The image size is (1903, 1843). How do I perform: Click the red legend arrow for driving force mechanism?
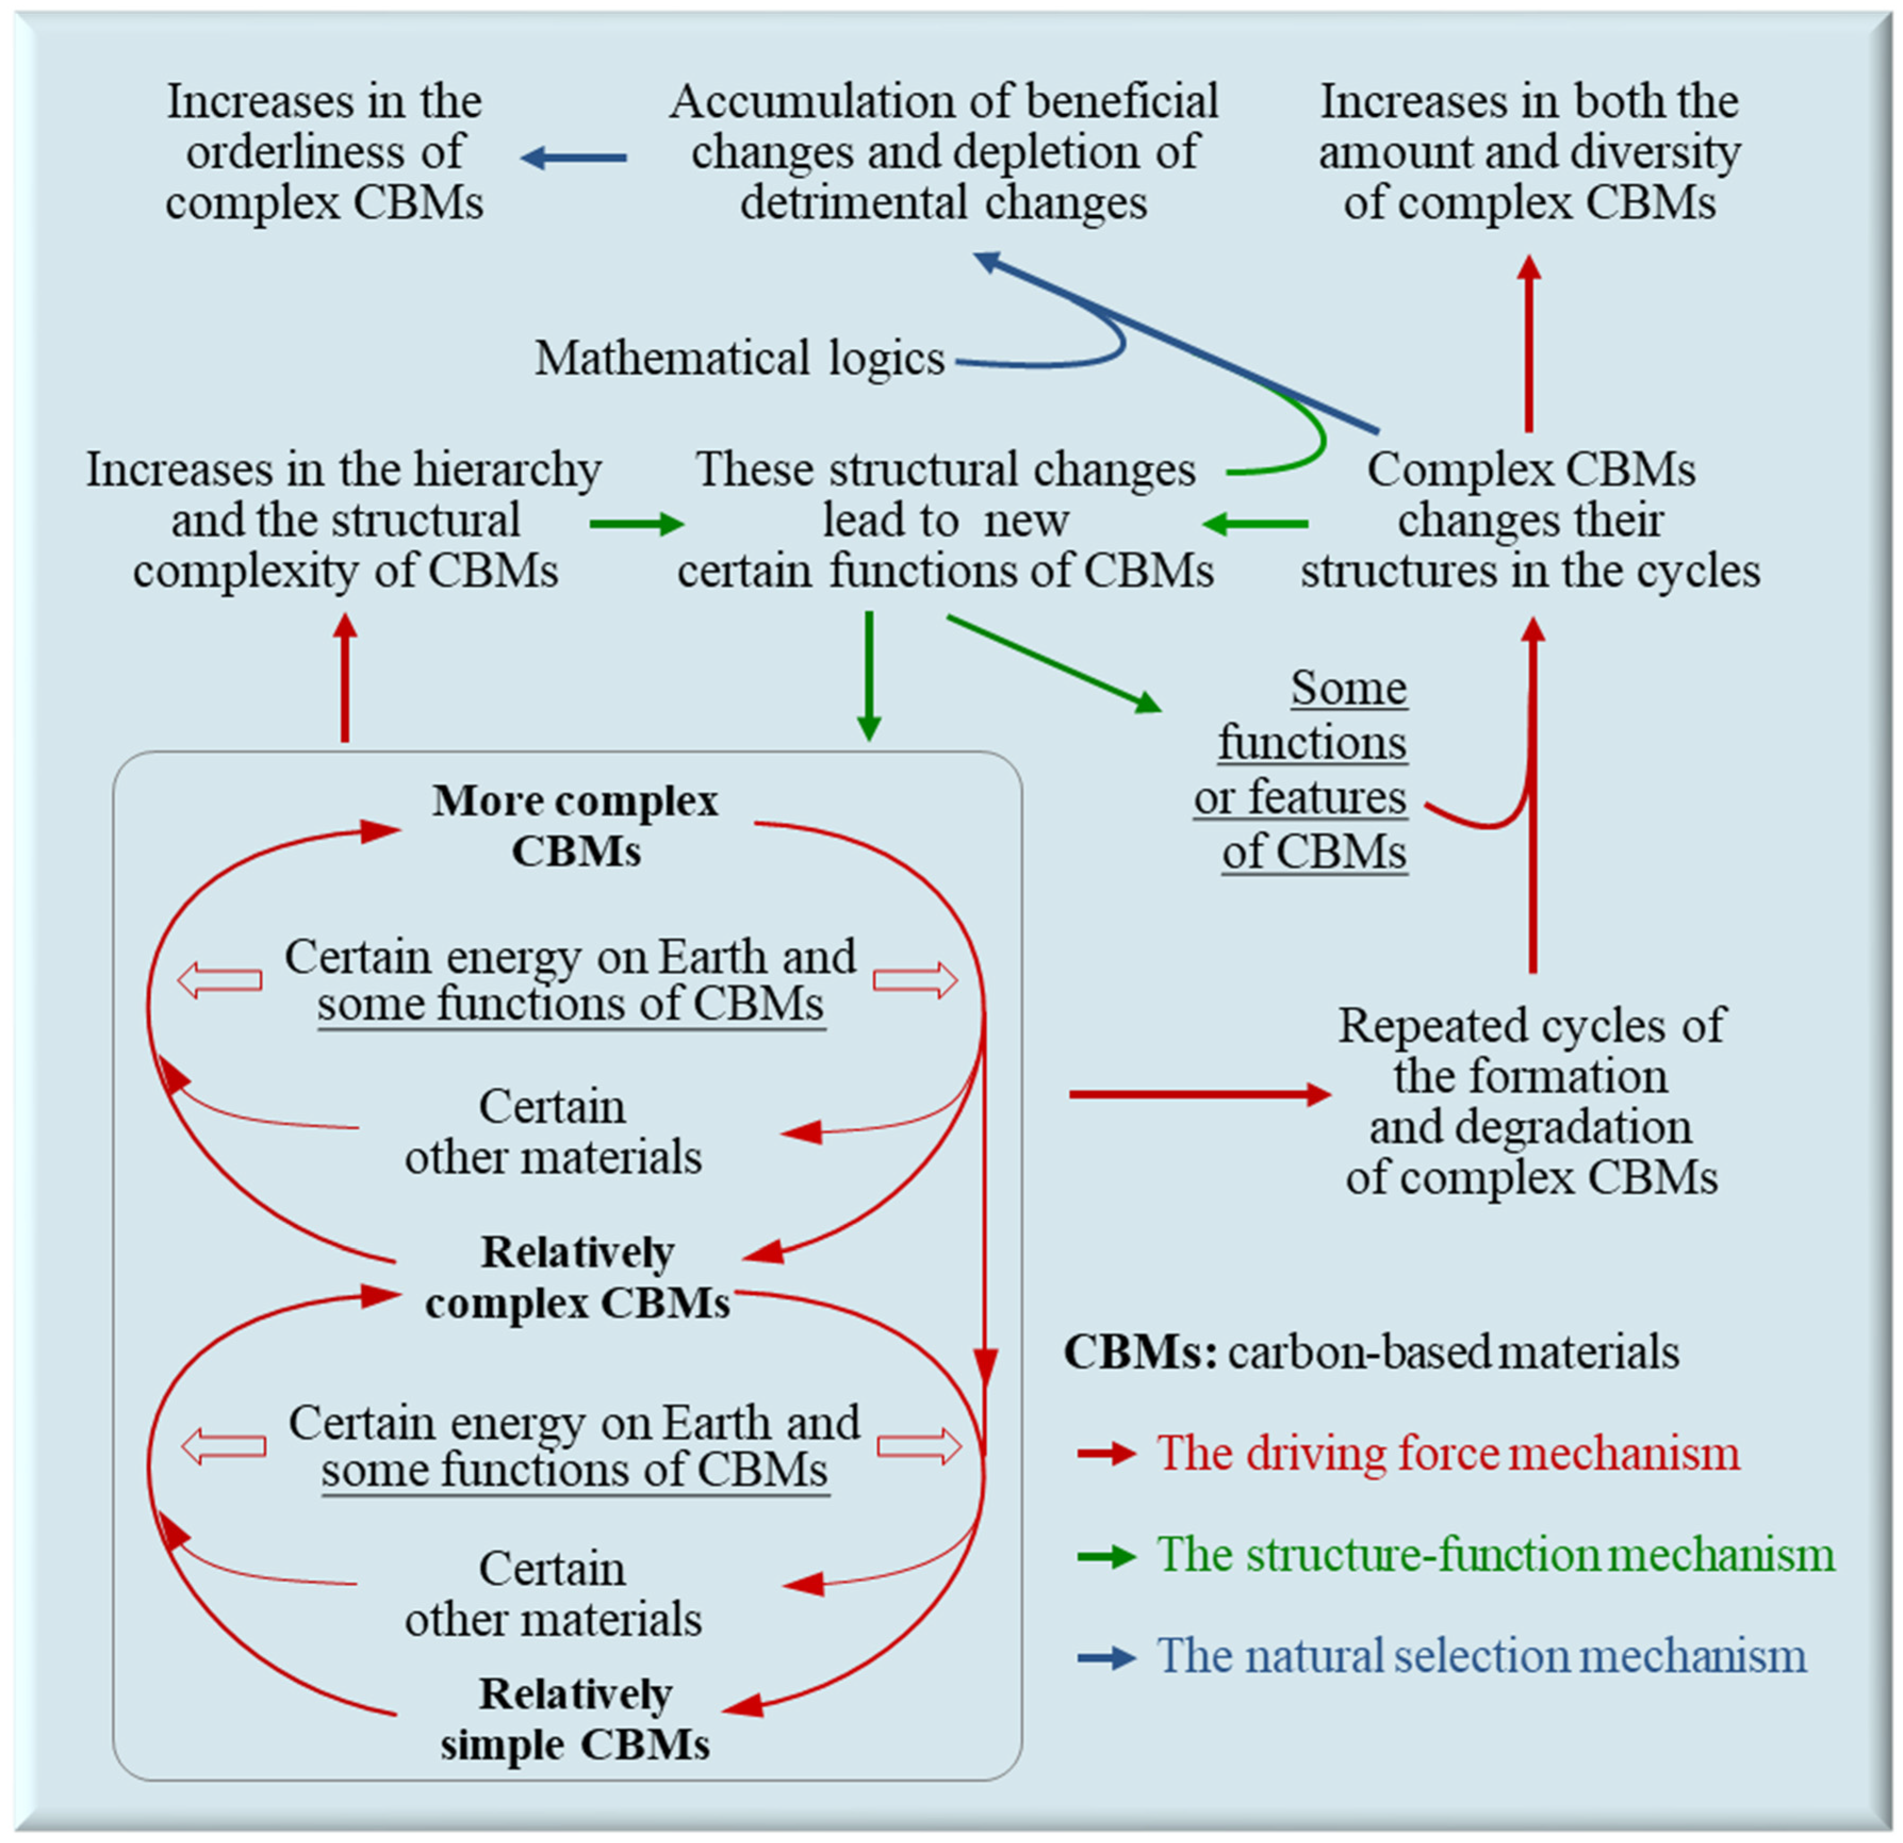pos(1106,1454)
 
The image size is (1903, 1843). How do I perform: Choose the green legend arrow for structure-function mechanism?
pos(1106,1556)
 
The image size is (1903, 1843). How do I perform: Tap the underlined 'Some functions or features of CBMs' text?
pos(1306,770)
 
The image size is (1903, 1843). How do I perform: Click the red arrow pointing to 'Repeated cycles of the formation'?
pos(1199,1095)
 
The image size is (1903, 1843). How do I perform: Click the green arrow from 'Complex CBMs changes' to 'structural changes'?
pos(1255,524)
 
